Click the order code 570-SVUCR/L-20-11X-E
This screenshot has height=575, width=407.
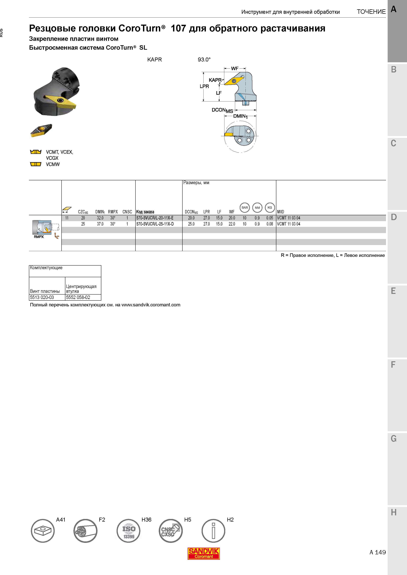click(155, 218)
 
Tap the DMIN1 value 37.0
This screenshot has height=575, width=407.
click(100, 224)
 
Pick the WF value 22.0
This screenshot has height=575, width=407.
click(232, 224)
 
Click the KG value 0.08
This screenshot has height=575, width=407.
click(270, 224)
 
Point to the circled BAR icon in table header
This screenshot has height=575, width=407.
click(245, 208)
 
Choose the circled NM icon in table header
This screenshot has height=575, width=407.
click(257, 208)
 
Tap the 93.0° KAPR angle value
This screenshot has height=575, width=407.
click(204, 60)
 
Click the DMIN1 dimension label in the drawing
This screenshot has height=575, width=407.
click(240, 116)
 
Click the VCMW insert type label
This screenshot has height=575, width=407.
click(53, 164)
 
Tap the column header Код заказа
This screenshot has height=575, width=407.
click(145, 212)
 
